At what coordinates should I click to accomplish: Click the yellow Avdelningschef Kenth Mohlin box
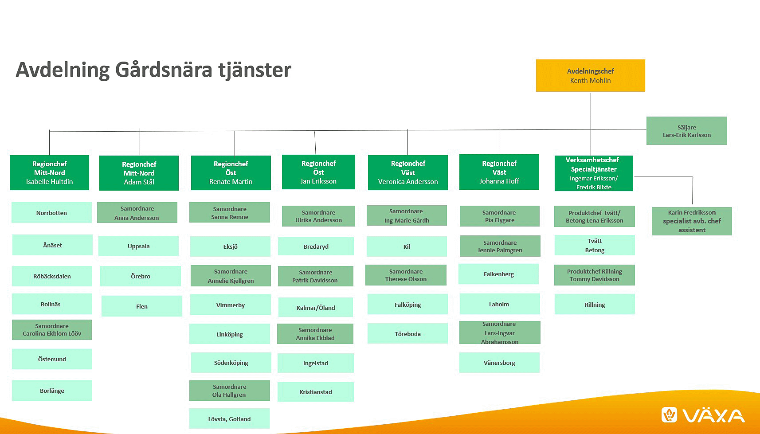click(x=590, y=76)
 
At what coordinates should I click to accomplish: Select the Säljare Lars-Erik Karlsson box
click(x=686, y=131)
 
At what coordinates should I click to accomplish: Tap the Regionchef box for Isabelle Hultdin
click(x=49, y=172)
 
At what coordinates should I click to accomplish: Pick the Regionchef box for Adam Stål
click(x=139, y=173)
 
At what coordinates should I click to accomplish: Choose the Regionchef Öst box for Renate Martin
click(x=231, y=172)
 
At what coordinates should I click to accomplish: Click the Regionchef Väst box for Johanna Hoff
click(x=499, y=172)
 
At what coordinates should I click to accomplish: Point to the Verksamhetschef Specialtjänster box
click(x=594, y=173)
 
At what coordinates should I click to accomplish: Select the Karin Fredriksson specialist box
click(x=691, y=221)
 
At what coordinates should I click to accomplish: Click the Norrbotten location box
click(x=51, y=213)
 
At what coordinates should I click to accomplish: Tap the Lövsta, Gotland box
click(x=229, y=418)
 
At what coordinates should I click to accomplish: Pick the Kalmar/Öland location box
click(x=316, y=307)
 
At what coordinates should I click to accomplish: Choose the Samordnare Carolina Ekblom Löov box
click(x=52, y=330)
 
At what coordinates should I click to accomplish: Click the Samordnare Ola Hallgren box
click(x=229, y=391)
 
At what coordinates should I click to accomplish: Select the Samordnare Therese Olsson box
click(x=406, y=275)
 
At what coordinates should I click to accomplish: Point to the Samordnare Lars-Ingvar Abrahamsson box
click(x=499, y=332)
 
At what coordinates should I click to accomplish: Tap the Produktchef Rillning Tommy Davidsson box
click(x=594, y=275)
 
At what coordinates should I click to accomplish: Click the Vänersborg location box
click(x=499, y=363)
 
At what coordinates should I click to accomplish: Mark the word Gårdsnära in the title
click(x=164, y=70)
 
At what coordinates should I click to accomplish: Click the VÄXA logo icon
click(x=669, y=415)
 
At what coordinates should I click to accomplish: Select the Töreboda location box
click(x=407, y=334)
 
